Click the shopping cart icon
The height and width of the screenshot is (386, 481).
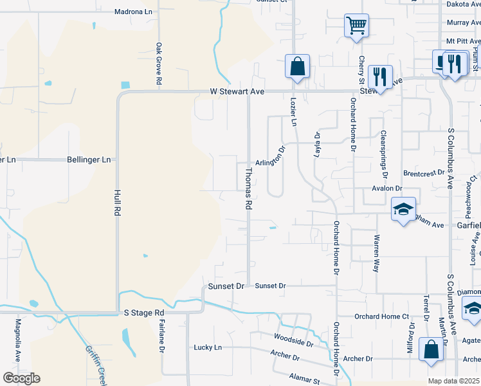point(356,26)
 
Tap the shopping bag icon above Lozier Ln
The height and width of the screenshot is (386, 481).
point(297,66)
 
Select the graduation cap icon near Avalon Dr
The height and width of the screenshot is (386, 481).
point(403,209)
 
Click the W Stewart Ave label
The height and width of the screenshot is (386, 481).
point(237,92)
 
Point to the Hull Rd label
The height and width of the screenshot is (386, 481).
point(117,203)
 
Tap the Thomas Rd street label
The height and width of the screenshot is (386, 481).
point(248,188)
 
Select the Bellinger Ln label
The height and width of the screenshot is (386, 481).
point(89,159)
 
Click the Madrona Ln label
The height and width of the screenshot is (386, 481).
point(133,12)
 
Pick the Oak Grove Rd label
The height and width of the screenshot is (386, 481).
point(158,64)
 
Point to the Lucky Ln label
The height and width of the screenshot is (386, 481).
point(208,347)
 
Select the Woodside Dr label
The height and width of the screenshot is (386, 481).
point(293,340)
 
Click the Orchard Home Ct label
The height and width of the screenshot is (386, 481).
point(382,317)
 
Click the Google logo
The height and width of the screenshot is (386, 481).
point(21,378)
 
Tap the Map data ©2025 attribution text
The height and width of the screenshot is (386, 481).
point(453,381)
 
